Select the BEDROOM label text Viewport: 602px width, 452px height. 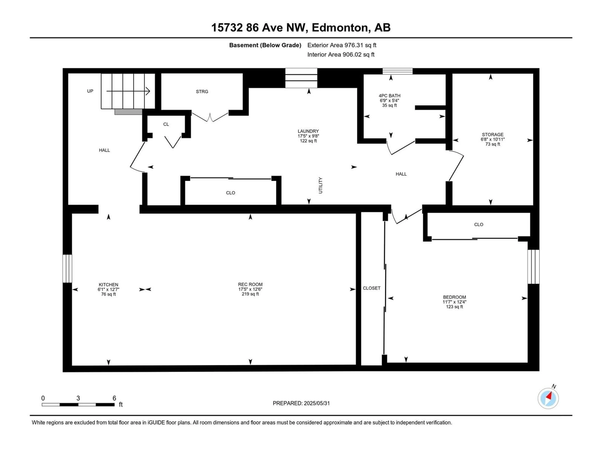454,297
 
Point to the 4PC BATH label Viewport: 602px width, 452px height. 389,96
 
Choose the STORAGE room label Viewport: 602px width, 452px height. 493,134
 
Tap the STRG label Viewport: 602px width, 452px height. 202,91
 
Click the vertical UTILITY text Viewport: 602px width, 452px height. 320,185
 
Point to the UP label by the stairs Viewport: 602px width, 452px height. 90,91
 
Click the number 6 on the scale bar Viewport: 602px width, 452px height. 114,398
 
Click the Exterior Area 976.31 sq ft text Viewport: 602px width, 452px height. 342,45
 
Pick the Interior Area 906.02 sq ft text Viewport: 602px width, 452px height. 341,54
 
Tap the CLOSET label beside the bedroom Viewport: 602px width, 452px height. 372,288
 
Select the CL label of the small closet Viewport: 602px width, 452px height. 166,124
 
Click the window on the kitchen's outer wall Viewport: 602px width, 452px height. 67,269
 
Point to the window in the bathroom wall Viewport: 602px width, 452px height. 397,71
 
